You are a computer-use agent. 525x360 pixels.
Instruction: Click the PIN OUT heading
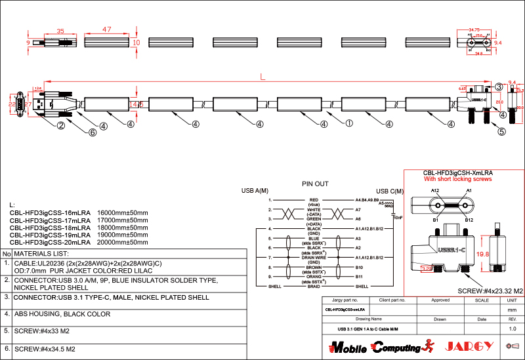(315, 184)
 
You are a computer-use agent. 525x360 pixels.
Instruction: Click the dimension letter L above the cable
(262, 77)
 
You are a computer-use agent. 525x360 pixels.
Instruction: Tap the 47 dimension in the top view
(107, 30)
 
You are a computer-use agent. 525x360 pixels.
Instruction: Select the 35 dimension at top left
(60, 31)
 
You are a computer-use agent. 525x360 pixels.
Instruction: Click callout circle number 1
(349, 123)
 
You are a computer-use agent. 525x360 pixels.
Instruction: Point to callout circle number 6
(93, 132)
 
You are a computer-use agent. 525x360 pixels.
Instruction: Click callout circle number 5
(502, 131)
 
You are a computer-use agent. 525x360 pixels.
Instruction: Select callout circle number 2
(60, 125)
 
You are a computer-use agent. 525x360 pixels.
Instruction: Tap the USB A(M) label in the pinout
(255, 191)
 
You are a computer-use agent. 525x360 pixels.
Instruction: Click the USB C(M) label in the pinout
(390, 191)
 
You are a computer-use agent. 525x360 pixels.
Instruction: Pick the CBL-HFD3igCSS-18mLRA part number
(50, 228)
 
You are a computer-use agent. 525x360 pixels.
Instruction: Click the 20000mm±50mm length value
(123, 242)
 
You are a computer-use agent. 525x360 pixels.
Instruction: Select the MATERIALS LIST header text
(41, 253)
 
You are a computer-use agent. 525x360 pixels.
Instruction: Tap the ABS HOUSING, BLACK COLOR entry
(62, 314)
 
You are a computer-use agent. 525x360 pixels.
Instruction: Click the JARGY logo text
(469, 346)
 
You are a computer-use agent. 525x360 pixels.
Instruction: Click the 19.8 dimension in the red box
(483, 254)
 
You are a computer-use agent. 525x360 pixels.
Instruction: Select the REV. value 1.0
(513, 328)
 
